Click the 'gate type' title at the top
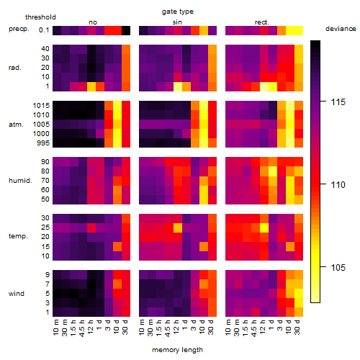[178, 12]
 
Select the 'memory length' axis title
[177, 350]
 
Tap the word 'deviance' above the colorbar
[341, 29]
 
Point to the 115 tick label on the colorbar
[338, 102]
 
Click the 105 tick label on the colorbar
[338, 267]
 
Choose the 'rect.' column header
[261, 22]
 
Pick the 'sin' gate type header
[177, 22]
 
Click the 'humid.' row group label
[20, 181]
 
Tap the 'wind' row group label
[17, 294]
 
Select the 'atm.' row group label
[16, 125]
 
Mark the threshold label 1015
[41, 106]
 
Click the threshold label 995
[43, 143]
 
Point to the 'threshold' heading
[40, 17]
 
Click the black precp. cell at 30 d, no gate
[126, 30]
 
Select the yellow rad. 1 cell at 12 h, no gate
[91, 86]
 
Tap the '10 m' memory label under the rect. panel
[228, 327]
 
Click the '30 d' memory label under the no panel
[125, 327]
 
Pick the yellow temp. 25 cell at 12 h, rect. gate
[264, 228]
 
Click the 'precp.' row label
[19, 29]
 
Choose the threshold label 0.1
[44, 30]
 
